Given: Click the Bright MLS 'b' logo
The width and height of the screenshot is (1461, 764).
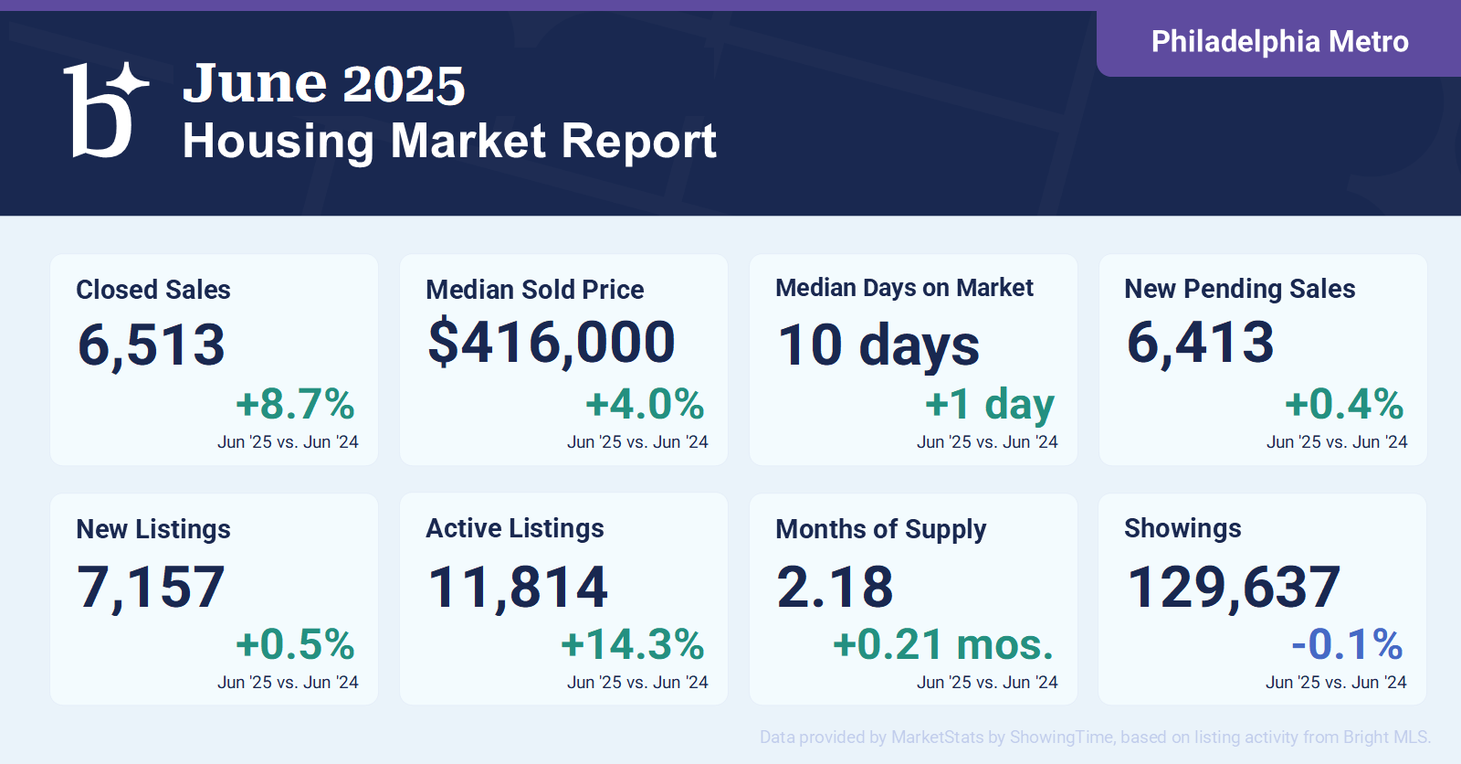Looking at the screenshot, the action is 104,110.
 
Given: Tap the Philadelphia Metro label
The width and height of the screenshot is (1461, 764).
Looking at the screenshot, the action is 1279,42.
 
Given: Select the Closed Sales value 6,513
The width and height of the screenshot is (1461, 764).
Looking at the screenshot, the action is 152,345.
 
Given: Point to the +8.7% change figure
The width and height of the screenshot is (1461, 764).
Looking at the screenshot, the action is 296,404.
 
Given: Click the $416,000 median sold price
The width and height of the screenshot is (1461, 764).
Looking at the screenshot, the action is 552,342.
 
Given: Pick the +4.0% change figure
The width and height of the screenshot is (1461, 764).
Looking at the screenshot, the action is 645,404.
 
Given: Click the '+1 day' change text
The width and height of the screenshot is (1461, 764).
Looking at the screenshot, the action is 990,405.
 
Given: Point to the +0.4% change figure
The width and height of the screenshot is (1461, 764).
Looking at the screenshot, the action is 1344,404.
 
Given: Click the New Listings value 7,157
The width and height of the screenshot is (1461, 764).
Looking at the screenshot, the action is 151,588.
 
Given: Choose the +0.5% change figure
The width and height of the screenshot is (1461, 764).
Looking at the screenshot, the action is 296,644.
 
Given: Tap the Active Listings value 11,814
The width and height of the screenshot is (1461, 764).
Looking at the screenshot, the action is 518,588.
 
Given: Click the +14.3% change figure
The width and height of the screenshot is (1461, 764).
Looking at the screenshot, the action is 633,644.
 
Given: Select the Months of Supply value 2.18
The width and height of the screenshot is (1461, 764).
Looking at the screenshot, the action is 835,587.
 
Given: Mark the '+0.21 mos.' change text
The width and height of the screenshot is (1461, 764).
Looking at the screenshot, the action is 944,644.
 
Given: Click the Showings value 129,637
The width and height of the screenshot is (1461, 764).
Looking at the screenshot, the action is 1234,588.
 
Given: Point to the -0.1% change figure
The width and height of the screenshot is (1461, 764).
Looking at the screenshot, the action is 1348,644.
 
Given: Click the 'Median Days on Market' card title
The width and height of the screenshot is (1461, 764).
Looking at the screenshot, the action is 904,288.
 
